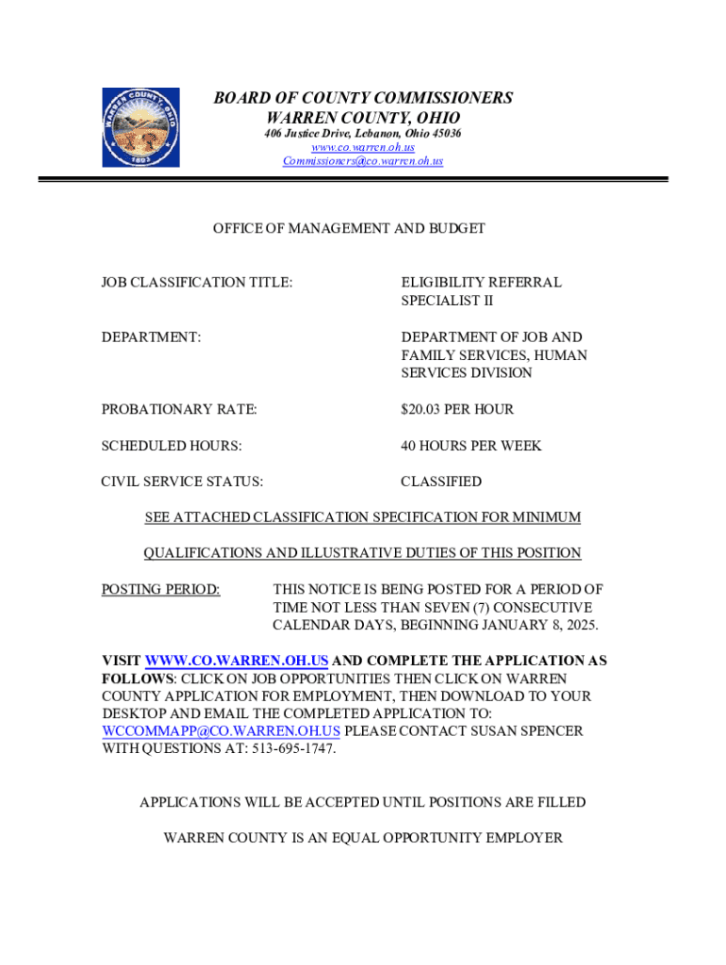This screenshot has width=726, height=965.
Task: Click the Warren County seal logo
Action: pos(140,127)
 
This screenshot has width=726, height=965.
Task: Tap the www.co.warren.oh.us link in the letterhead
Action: pos(363,147)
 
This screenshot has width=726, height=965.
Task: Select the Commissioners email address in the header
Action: pos(363,161)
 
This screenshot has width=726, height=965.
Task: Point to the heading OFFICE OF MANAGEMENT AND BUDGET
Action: pos(349,228)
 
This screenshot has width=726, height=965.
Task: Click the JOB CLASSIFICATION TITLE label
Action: pos(197,282)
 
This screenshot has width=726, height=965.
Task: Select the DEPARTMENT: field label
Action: pos(151,336)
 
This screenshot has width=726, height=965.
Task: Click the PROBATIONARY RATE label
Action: pos(179,409)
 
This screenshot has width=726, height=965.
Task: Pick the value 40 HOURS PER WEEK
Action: pos(470,445)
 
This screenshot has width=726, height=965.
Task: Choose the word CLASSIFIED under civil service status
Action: pos(440,482)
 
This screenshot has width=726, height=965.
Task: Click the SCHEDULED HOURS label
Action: pos(172,445)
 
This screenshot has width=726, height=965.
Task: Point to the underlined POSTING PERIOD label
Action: pos(160,590)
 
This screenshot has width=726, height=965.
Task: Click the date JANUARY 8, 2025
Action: pos(536,626)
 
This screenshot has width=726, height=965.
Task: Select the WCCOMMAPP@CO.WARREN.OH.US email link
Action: pos(221,731)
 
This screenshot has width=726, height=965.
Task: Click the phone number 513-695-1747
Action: pos(290,749)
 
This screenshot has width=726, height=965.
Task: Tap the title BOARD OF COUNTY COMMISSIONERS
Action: pos(363,98)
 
